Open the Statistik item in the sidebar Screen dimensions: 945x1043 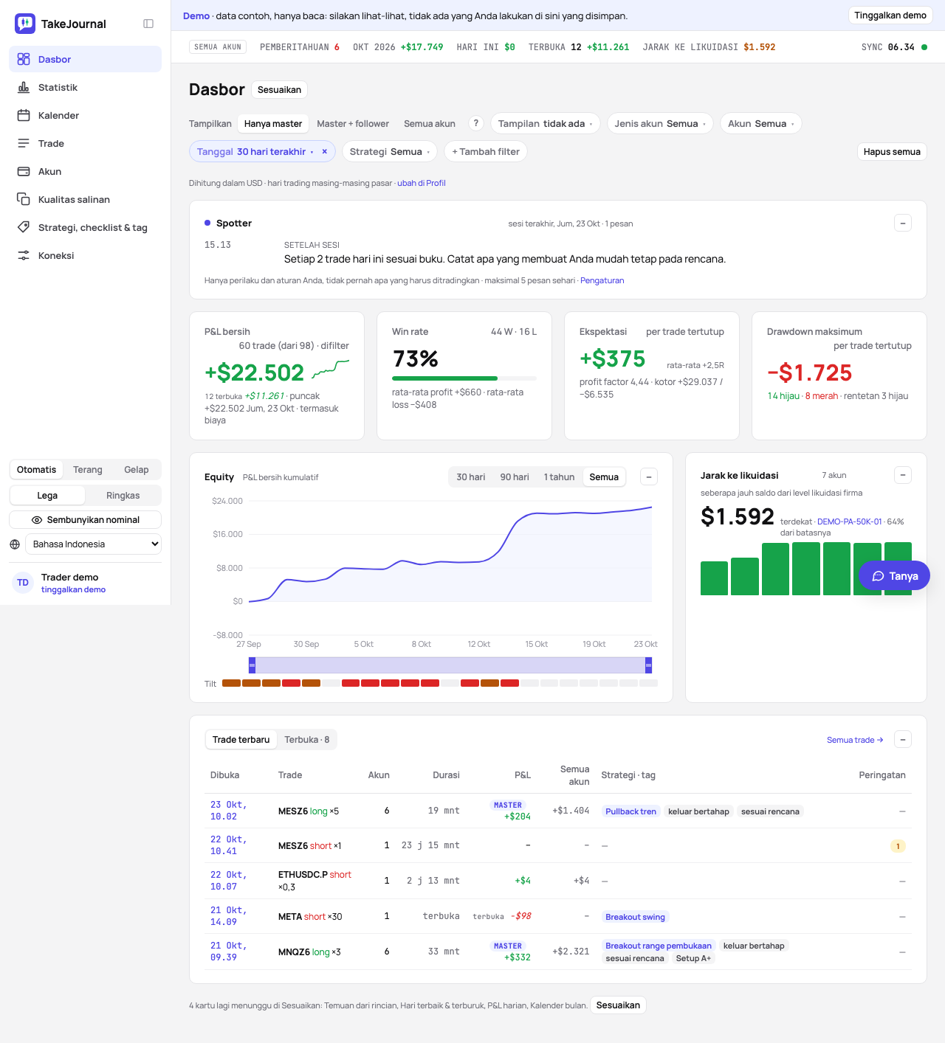point(58,87)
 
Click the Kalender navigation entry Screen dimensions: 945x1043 point(58,115)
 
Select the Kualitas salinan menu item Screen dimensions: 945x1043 point(73,200)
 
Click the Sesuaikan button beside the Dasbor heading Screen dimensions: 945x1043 point(279,89)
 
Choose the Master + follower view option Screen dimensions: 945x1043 point(352,124)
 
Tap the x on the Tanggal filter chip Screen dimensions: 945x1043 point(324,151)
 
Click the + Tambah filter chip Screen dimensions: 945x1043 point(485,151)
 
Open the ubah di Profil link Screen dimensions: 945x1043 point(422,183)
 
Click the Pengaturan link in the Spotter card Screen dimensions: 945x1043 point(602,280)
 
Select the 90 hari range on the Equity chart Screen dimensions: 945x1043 point(515,477)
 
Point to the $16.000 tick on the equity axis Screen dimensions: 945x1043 point(227,534)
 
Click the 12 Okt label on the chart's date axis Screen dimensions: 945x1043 point(478,644)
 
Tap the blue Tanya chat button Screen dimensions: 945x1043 point(894,575)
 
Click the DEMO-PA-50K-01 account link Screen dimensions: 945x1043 point(849,521)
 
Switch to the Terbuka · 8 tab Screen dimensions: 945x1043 point(306,739)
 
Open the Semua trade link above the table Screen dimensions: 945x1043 point(855,740)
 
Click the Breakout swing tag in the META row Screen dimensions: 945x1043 point(635,917)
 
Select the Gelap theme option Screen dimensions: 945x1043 point(136,470)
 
